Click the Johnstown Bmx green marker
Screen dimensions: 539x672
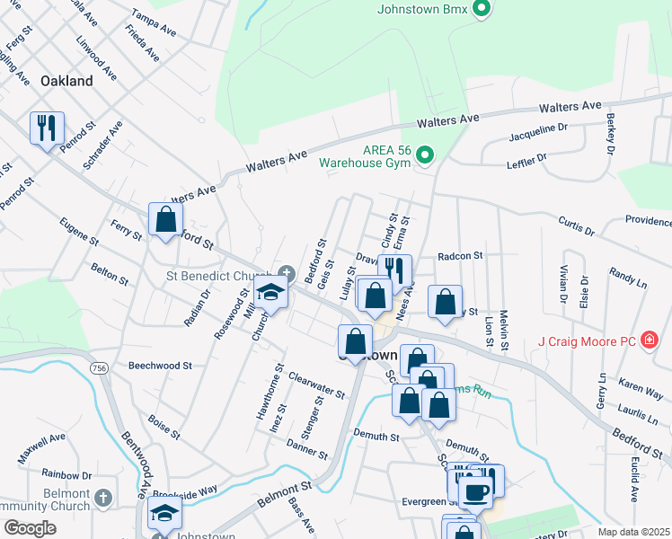coord(482,10)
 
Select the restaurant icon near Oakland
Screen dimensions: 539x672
coord(47,128)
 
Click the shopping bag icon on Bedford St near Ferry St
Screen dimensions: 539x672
coord(165,219)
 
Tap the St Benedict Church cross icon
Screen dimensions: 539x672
coord(286,273)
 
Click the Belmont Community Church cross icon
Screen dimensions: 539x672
coord(104,498)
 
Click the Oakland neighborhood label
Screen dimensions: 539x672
coord(66,81)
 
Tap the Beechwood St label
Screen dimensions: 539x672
coord(160,366)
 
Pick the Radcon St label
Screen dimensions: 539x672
coord(461,256)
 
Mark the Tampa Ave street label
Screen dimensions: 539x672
coord(154,22)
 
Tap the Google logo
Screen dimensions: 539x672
coord(29,528)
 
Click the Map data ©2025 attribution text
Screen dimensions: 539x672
coord(632,532)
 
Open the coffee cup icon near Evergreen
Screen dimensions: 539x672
coord(476,490)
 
